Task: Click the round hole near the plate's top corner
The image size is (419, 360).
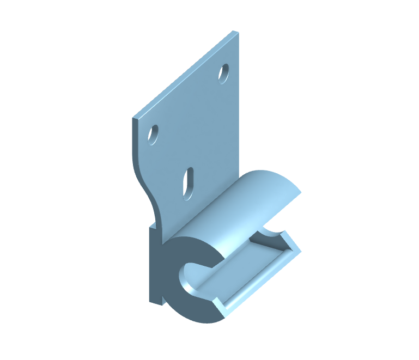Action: [x=223, y=74]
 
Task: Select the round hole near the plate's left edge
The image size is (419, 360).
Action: [x=154, y=134]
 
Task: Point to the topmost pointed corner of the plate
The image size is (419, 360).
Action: [x=235, y=32]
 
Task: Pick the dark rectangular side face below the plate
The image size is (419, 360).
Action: [x=155, y=264]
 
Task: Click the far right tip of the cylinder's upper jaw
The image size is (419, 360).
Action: [x=300, y=191]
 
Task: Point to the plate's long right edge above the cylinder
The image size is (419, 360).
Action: [x=238, y=109]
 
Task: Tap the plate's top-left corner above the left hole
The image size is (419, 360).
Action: [x=133, y=117]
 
